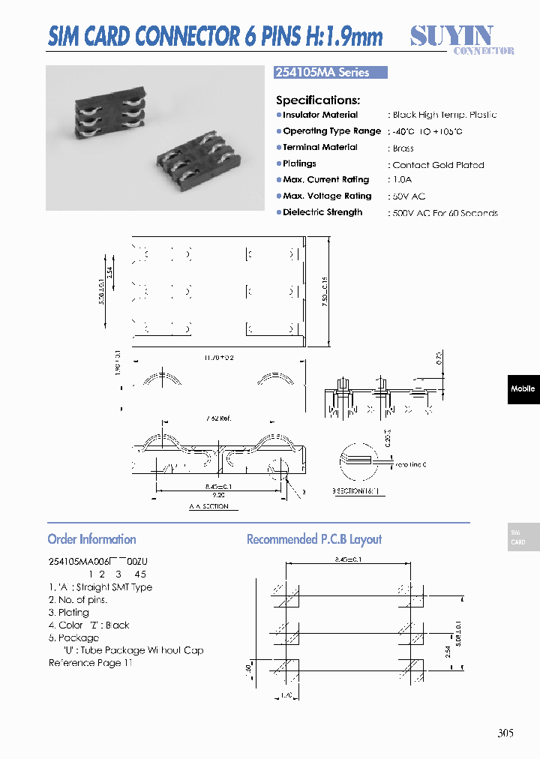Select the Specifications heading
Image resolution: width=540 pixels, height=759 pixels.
point(318,100)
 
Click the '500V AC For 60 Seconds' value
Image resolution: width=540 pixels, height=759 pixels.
point(445,213)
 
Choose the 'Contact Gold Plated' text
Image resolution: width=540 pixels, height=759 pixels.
point(438,164)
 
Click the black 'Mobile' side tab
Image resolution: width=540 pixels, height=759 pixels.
point(523,388)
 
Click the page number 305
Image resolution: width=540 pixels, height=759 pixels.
point(505,733)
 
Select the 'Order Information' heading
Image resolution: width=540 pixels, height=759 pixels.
point(91,539)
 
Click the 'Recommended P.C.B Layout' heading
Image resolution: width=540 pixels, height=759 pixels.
point(314,539)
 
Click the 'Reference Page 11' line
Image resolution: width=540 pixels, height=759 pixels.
point(90,663)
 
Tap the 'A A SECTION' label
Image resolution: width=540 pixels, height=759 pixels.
point(208,507)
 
